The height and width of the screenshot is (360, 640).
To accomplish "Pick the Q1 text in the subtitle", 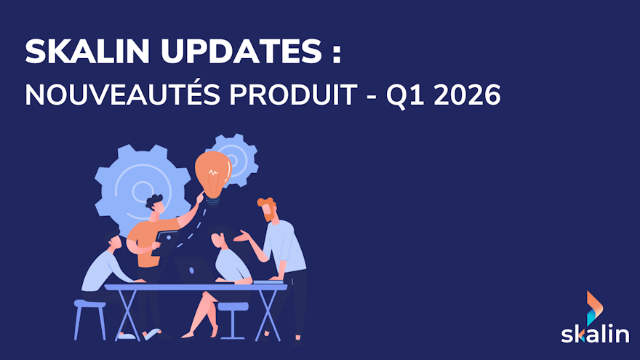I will (408, 95).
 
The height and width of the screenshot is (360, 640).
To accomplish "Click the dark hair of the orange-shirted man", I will (154, 201).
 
